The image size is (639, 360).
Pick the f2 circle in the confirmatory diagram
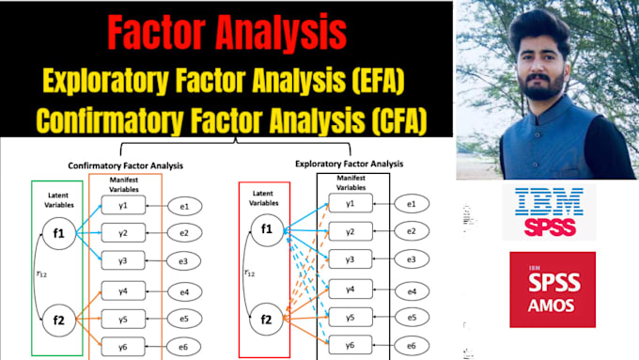[x=59, y=321]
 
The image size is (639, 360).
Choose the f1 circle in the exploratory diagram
[x=266, y=229]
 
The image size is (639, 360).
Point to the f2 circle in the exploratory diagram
[x=266, y=320]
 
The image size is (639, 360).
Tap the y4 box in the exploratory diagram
[x=350, y=290]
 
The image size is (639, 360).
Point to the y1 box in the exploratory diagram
[x=350, y=201]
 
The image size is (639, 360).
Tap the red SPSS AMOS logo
[x=553, y=289]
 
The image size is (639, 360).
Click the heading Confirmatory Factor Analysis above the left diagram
[x=127, y=165]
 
